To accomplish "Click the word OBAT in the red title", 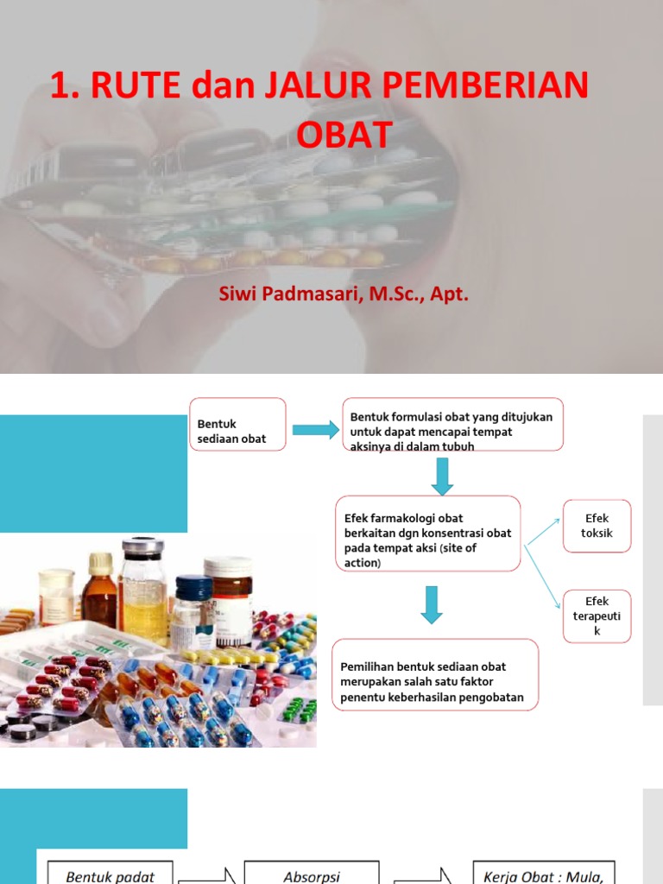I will (x=344, y=135).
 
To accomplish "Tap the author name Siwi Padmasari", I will (x=290, y=294).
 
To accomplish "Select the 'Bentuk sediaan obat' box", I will (x=238, y=431).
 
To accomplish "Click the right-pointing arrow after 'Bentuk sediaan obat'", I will (x=315, y=430).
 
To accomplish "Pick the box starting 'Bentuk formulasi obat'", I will (x=452, y=424).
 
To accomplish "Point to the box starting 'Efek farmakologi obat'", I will (x=427, y=534).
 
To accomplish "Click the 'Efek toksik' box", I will (x=597, y=525).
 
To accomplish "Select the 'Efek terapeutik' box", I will (x=597, y=616).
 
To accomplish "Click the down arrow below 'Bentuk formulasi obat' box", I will (x=442, y=476).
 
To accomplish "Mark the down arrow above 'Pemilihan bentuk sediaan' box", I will (x=432, y=604).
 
